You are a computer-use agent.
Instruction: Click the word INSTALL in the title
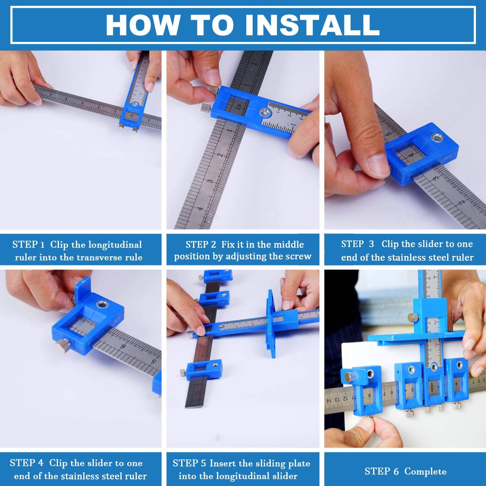coord(312,25)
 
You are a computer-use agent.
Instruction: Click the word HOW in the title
coord(143,25)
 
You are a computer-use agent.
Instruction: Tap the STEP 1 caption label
coord(29,244)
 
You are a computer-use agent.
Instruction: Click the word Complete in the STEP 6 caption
coord(425,471)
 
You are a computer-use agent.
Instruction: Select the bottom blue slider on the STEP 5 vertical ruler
coord(202,369)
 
